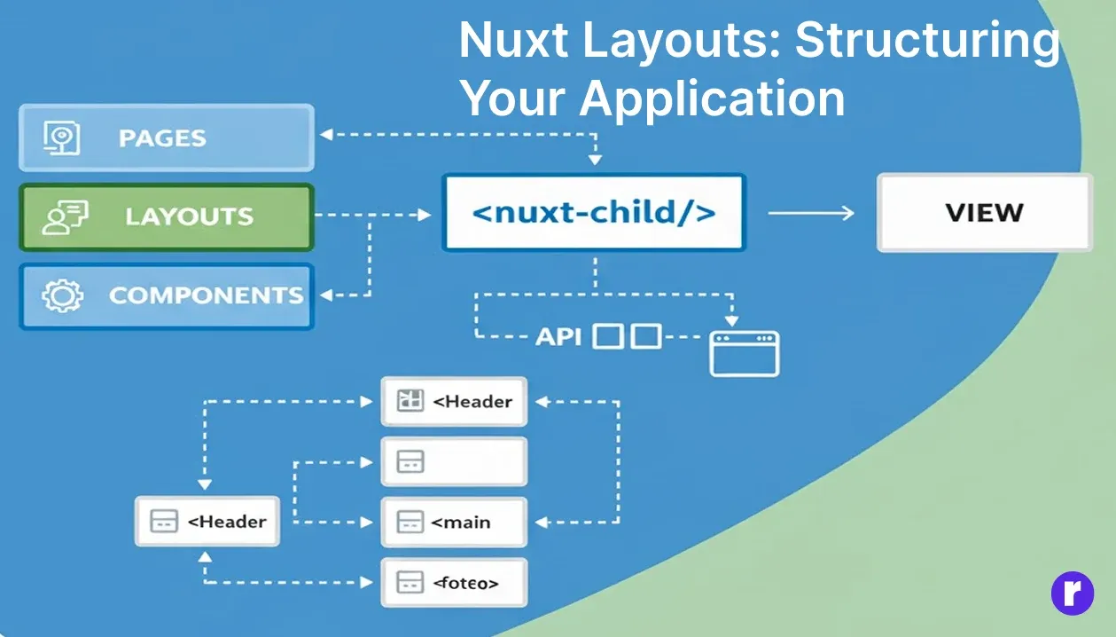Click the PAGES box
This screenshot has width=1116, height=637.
pos(166,138)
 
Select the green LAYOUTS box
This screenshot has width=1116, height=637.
pos(166,216)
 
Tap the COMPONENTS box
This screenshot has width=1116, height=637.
pos(166,295)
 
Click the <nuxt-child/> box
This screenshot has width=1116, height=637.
pos(593,213)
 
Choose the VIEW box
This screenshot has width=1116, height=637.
pos(984,213)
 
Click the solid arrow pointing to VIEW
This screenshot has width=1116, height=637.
pos(810,213)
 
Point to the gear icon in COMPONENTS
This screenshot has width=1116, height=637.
pos(62,295)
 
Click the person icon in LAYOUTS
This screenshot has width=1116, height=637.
pos(64,216)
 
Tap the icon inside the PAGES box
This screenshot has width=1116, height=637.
pos(62,138)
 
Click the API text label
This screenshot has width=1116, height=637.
pos(558,336)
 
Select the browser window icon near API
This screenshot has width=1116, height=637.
pos(745,353)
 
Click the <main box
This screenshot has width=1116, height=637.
pos(454,522)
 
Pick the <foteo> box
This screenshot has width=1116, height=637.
pos(454,582)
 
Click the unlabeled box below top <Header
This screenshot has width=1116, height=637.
pos(454,461)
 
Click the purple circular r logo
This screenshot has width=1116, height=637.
pos(1073,593)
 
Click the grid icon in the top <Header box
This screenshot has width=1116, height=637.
pos(410,401)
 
